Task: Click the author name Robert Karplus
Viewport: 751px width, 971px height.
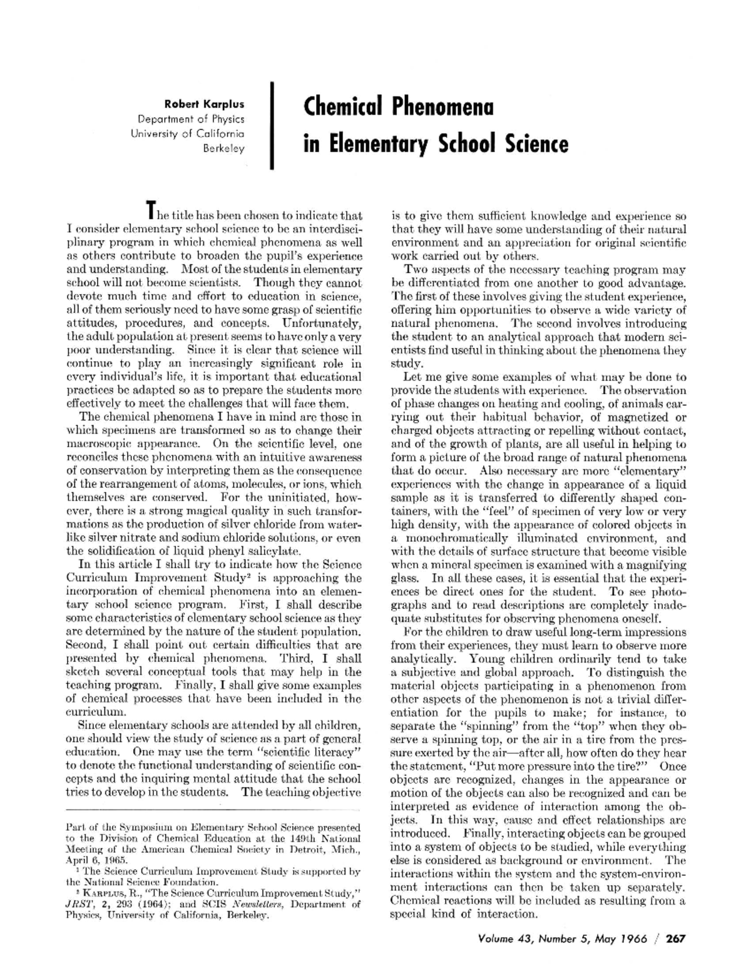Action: (204, 104)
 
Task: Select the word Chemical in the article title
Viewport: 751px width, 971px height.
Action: (343, 107)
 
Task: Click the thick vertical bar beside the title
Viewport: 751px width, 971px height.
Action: (273, 125)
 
